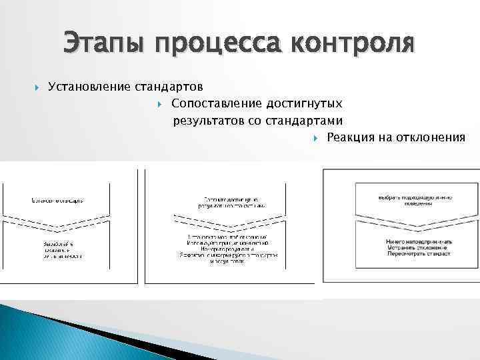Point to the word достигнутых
click(x=305, y=103)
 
